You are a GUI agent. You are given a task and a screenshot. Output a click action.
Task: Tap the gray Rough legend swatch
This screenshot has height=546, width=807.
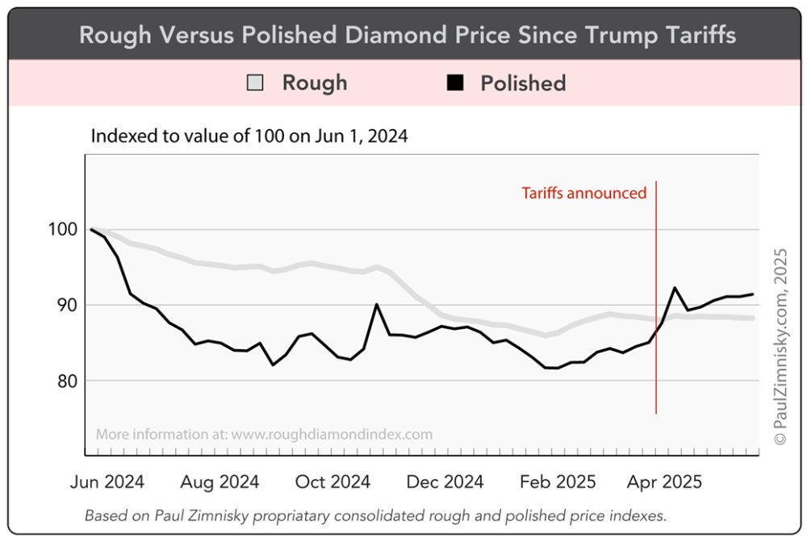(256, 83)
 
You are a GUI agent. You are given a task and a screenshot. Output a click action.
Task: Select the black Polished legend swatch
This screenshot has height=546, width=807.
(456, 83)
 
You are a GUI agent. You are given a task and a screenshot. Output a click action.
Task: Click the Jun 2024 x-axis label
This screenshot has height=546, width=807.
(107, 482)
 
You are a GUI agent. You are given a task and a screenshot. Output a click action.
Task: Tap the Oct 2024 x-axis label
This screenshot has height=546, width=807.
(332, 482)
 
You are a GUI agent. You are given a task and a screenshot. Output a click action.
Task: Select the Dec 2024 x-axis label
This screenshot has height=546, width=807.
(445, 482)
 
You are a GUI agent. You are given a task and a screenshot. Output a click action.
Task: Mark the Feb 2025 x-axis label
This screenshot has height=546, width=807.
(558, 482)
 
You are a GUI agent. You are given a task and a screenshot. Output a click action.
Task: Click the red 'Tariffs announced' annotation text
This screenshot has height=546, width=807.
(583, 194)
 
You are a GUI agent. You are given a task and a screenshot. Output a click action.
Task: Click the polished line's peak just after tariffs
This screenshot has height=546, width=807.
(675, 287)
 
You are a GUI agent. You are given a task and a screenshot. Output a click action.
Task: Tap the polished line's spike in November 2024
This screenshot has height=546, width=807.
(377, 304)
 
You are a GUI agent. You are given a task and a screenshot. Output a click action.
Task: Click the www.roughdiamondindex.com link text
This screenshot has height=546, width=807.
(332, 435)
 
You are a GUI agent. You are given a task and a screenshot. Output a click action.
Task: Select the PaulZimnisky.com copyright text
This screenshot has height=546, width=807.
(780, 347)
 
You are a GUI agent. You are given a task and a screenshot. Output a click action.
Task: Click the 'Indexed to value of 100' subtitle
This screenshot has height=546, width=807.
(249, 136)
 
